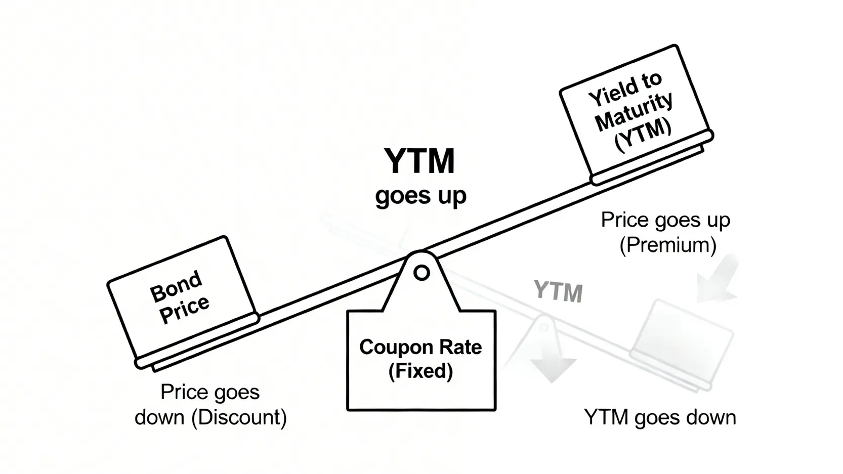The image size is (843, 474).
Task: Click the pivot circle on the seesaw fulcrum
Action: pyautogui.click(x=421, y=273)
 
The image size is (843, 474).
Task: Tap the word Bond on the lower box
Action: pyautogui.click(x=176, y=286)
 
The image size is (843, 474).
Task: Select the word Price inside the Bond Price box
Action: pyautogui.click(x=184, y=309)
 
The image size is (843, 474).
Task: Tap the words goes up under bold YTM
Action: pyautogui.click(x=420, y=196)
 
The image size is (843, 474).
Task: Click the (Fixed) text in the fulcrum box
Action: pyautogui.click(x=420, y=371)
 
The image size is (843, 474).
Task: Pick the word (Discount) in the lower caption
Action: pyautogui.click(x=239, y=418)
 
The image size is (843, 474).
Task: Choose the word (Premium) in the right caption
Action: pyautogui.click(x=668, y=245)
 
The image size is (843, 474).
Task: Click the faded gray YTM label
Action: pyautogui.click(x=558, y=292)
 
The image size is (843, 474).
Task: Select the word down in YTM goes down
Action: pyautogui.click(x=711, y=418)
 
